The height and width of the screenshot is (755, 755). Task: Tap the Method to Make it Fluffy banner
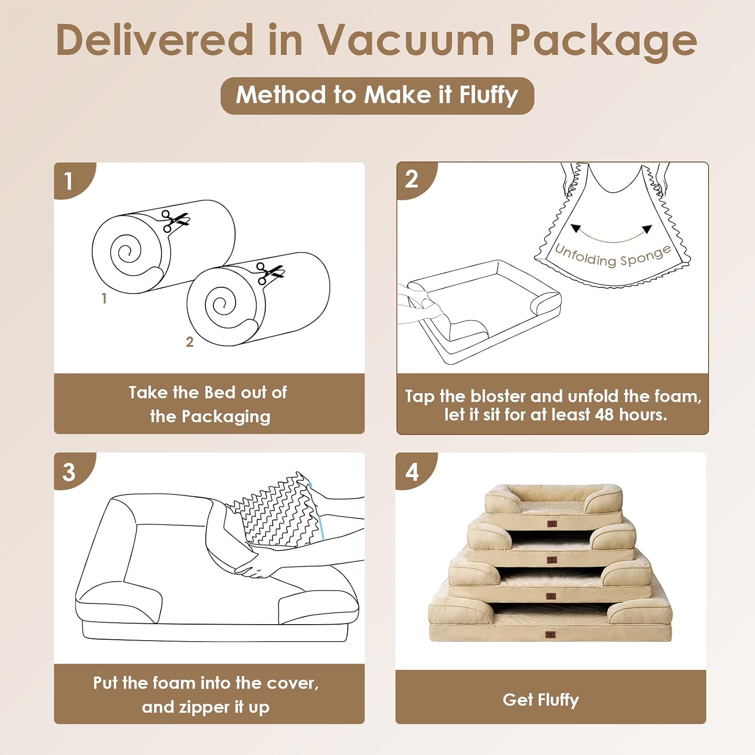pyautogui.click(x=377, y=96)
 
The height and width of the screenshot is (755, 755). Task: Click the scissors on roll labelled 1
pyautogui.click(x=175, y=221)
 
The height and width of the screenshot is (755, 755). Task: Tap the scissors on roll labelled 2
pyautogui.click(x=270, y=273)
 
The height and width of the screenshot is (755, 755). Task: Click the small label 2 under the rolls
pyautogui.click(x=189, y=342)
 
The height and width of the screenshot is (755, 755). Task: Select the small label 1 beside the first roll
pyautogui.click(x=104, y=298)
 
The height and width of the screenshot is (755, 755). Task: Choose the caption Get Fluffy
pyautogui.click(x=541, y=700)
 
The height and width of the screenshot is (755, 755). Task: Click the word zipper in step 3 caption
pyautogui.click(x=201, y=708)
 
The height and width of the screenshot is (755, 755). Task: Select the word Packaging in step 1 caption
pyautogui.click(x=226, y=417)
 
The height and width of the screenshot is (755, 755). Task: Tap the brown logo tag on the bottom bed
pyautogui.click(x=551, y=635)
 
